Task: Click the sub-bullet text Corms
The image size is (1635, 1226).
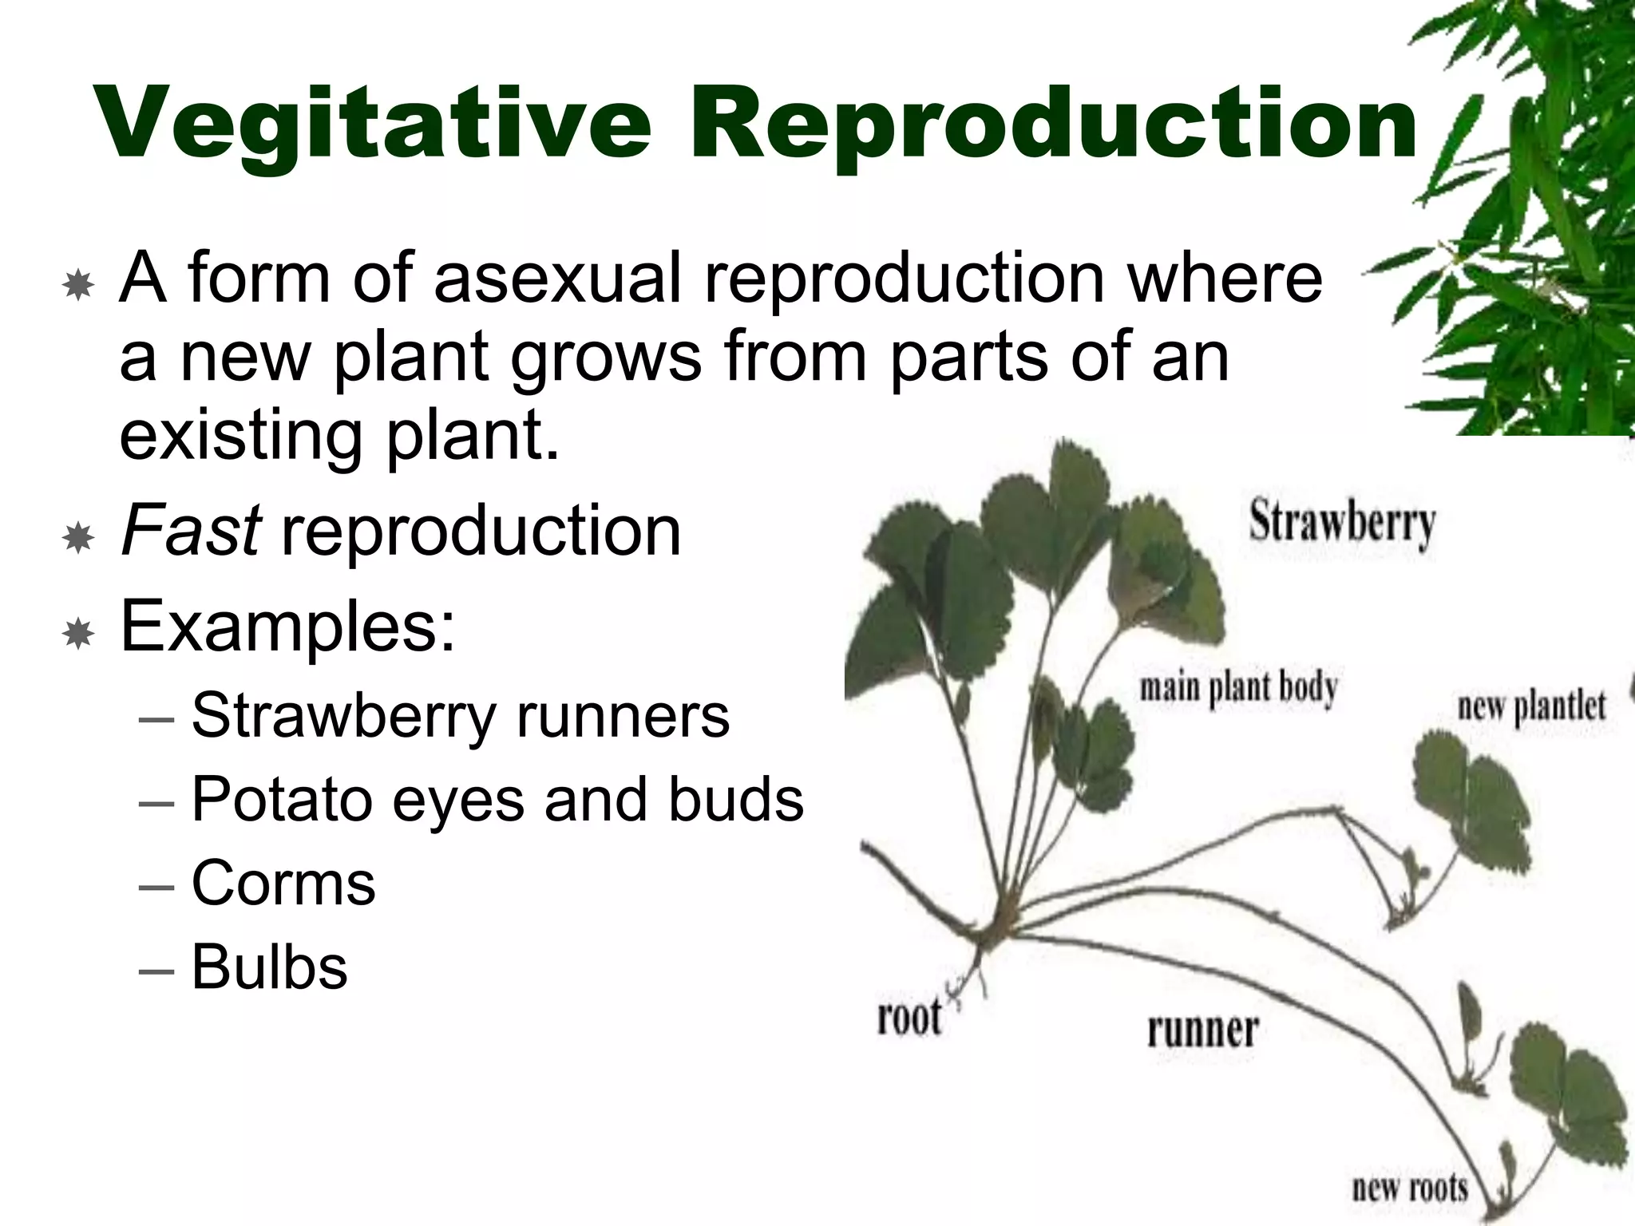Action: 283,884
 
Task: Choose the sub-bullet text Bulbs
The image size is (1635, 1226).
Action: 270,967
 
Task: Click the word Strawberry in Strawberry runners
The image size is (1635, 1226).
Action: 344,715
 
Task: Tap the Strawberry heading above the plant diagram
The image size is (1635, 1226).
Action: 1342,524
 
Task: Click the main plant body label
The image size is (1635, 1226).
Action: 1238,689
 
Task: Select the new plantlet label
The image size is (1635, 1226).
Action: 1531,706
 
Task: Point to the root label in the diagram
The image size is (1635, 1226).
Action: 909,1018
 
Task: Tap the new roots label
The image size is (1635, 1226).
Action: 1410,1187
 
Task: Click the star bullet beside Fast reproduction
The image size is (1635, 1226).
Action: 78,539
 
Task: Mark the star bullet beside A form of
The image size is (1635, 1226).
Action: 78,285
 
